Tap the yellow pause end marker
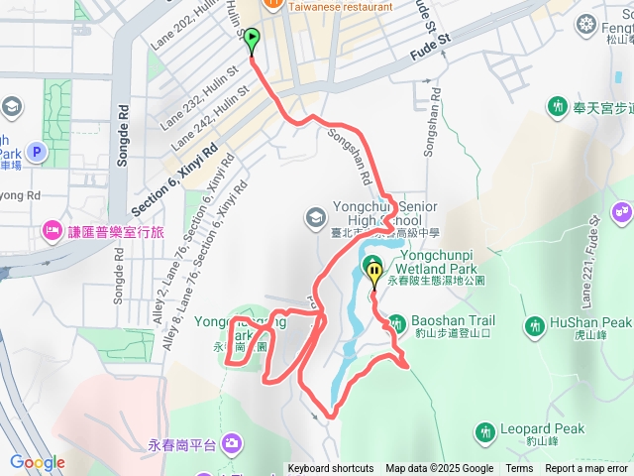coord(374,270)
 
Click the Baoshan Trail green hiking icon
coord(396,323)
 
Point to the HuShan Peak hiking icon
coord(535,324)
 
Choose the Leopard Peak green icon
coord(484,431)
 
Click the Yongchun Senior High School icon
coord(314,215)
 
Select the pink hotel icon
coord(50,231)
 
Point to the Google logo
coord(38,462)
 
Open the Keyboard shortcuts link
coord(331,469)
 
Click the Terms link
coord(519,469)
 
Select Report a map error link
coord(585,469)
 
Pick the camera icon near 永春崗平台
coord(231,442)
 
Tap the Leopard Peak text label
coord(542,429)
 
